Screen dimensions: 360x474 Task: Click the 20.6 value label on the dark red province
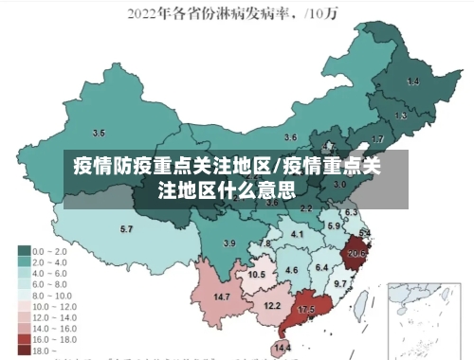tap(356, 253)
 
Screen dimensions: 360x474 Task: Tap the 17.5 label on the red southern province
tap(306, 310)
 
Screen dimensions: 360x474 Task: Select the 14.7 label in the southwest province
tap(222, 297)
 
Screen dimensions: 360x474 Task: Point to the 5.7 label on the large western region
tap(126, 229)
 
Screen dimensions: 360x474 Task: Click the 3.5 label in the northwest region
tap(99, 133)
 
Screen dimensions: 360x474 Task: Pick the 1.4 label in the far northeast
tap(413, 82)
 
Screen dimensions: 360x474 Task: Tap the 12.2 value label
tap(272, 305)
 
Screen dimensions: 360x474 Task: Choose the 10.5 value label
tap(256, 274)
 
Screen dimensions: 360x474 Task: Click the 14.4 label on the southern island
tap(283, 349)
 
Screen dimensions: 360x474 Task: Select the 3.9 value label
tap(228, 243)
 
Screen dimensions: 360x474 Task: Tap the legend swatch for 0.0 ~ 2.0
tap(24, 251)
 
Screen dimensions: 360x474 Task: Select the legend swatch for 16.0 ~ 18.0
tap(24, 338)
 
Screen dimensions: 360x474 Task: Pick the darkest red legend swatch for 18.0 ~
tap(24, 350)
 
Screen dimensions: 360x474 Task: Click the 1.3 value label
tap(402, 116)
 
